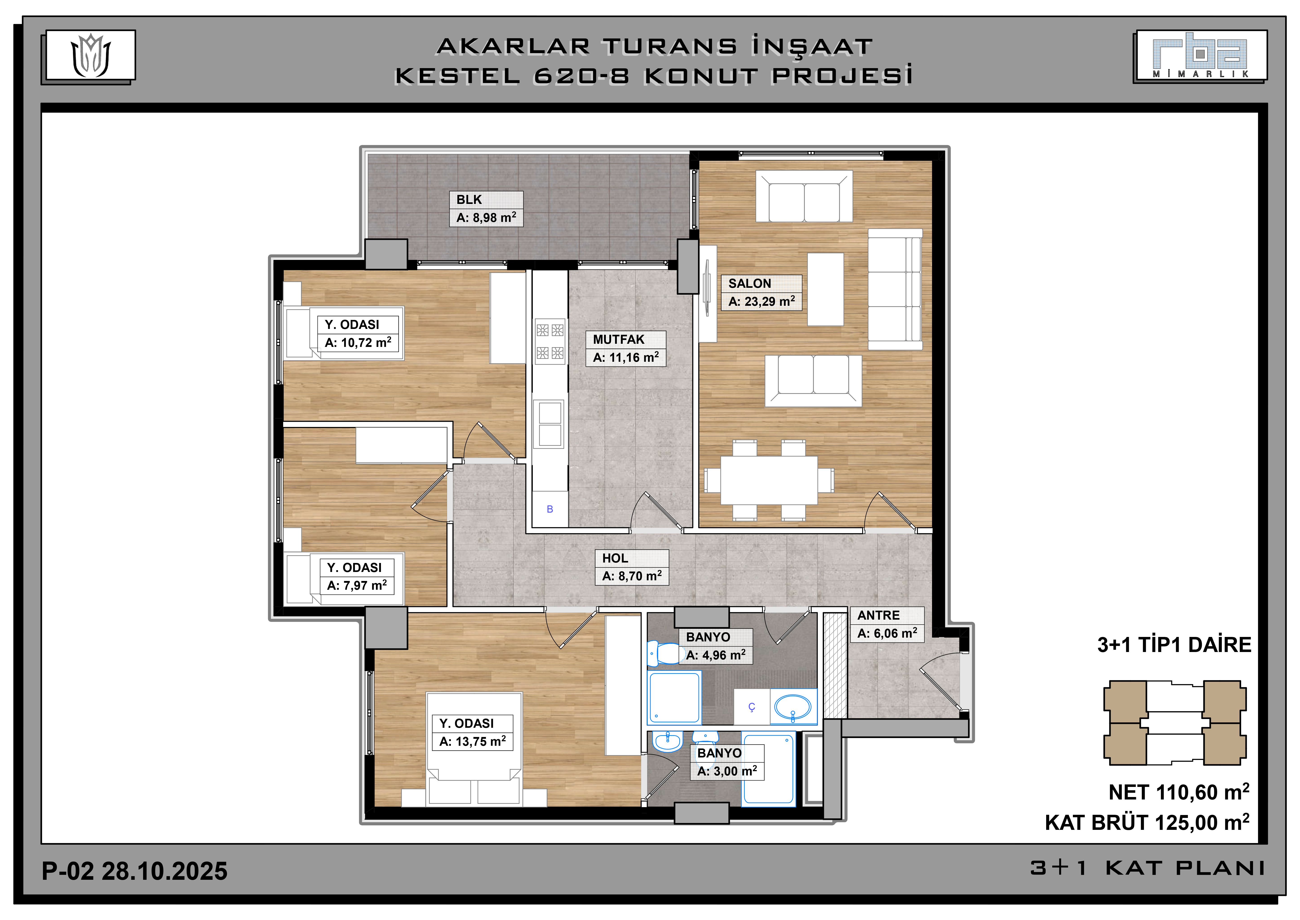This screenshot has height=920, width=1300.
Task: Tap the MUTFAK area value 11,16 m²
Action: point(626,357)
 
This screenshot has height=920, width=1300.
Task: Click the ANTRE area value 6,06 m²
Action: point(887,633)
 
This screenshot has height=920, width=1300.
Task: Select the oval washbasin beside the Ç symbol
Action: point(793,707)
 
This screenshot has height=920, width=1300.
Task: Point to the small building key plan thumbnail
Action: point(1175,723)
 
